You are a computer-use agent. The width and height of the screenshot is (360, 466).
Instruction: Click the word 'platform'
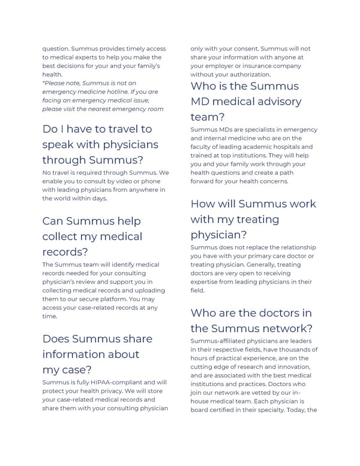[x=126, y=298]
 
